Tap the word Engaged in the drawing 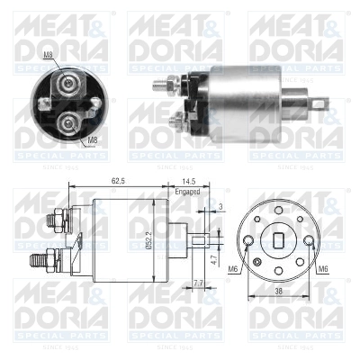click(x=187, y=191)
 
